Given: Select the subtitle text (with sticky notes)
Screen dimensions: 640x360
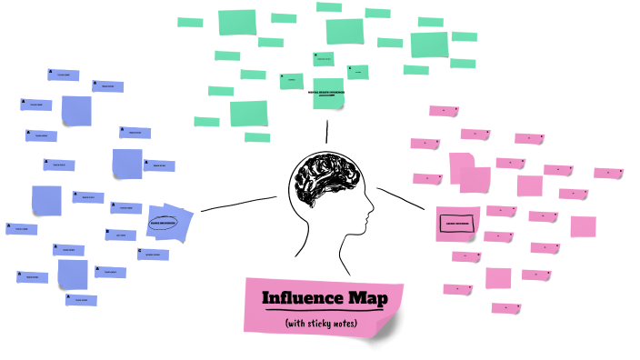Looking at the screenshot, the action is pos(320,324).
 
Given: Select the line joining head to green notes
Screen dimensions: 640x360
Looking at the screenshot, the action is pos(326,131).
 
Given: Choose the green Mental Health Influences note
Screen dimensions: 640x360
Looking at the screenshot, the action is pos(327,93).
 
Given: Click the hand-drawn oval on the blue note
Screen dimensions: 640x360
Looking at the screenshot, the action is pos(165,221).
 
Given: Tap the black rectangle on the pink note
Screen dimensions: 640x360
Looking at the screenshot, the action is pos(456,224).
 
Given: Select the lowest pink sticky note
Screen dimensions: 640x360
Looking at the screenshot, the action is pos(505,308).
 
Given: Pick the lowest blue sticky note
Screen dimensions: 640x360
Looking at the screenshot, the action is pos(81,299).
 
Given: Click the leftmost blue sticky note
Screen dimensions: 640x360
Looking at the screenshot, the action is pos(20,229).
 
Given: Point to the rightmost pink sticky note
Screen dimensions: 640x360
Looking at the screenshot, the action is pos(607,173).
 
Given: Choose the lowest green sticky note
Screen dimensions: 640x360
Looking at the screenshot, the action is pos(257,137).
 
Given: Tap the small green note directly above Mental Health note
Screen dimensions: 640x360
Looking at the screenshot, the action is pos(323,59).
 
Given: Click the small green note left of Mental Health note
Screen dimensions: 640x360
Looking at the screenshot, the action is pos(291,81).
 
